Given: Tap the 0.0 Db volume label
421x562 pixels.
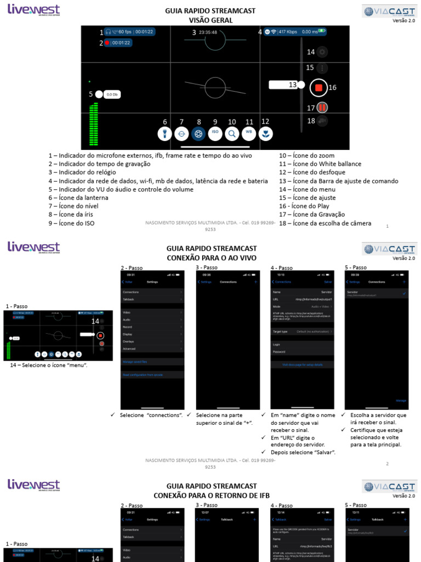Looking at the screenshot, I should pyautogui.click(x=112, y=94).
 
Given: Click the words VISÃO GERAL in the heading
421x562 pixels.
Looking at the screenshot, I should pyautogui.click(x=210, y=20).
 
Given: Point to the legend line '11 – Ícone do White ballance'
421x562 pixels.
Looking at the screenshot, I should pyautogui.click(x=320, y=164).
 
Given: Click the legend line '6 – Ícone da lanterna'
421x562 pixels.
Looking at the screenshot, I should pyautogui.click(x=78, y=198).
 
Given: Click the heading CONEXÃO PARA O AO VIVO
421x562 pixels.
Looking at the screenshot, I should pyautogui.click(x=211, y=258).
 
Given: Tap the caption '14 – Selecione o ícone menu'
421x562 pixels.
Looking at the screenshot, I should pyautogui.click(x=49, y=365).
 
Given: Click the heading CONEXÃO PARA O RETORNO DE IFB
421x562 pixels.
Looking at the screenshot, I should pyautogui.click(x=211, y=495).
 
